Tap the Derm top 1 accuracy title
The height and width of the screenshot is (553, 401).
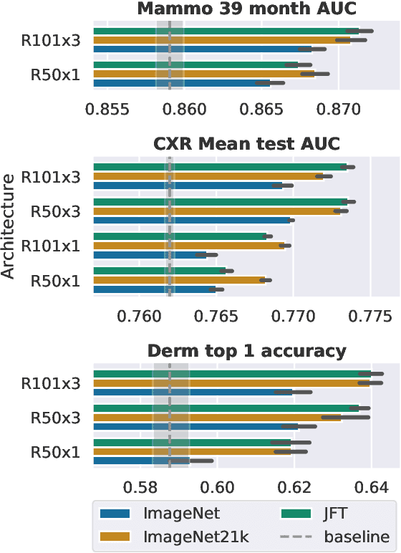(x=247, y=351)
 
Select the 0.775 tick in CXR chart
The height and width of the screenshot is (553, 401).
(x=369, y=315)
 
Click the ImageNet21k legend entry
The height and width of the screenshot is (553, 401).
(x=183, y=537)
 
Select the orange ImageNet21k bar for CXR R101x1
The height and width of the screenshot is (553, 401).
(x=189, y=246)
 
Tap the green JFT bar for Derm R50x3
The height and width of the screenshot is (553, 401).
(x=236, y=408)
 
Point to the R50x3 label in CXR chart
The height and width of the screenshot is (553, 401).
(x=55, y=211)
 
